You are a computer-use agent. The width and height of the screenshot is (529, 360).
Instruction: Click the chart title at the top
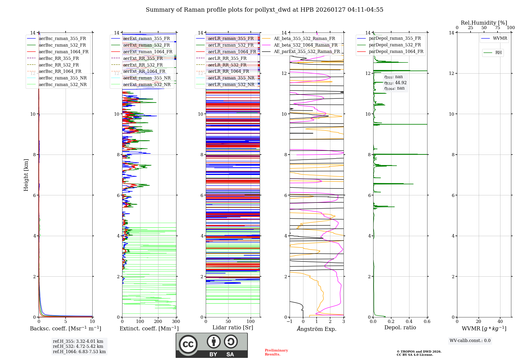click(264, 10)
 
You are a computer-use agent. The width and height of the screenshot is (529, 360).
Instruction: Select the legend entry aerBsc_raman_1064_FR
click(63, 52)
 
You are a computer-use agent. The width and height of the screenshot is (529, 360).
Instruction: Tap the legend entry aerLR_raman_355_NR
click(231, 78)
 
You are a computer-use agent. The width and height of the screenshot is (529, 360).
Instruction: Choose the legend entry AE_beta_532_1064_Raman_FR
click(305, 45)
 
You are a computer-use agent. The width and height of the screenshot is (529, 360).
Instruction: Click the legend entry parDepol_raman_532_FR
click(395, 45)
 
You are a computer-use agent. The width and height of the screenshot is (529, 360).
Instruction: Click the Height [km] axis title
click(26, 175)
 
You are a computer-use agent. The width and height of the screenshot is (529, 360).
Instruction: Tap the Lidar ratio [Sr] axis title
click(233, 327)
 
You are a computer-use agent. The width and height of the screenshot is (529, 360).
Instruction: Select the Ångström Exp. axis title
click(317, 329)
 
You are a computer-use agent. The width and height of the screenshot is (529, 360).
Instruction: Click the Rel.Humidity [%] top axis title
click(484, 23)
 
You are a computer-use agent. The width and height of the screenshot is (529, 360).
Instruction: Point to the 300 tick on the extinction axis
click(176, 322)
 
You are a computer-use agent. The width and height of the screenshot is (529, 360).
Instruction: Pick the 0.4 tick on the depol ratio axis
click(409, 322)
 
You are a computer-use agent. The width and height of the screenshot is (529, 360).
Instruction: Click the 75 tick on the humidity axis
click(498, 28)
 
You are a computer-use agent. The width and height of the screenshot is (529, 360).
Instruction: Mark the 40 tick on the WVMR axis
click(500, 322)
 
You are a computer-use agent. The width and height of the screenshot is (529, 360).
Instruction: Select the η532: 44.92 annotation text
click(395, 83)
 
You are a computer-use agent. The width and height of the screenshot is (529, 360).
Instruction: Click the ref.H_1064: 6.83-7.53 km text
click(79, 352)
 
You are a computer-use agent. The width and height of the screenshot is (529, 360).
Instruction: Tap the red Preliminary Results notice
click(276, 352)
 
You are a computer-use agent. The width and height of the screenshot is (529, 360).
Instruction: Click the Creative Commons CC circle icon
click(188, 344)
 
